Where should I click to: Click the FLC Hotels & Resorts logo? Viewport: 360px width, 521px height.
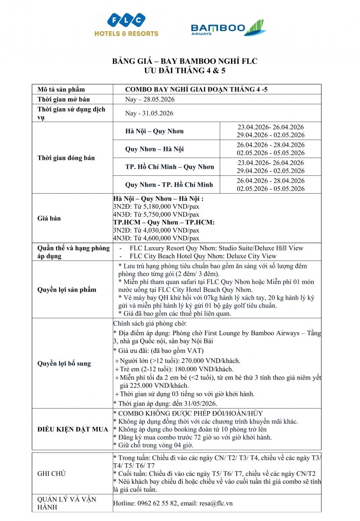click(x=126, y=25)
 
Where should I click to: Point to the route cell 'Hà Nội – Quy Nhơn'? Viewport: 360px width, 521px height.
click(x=155, y=131)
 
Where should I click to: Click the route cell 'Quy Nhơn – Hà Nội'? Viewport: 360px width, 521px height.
click(x=155, y=149)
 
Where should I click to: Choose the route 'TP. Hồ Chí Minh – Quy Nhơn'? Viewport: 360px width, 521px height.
click(x=170, y=167)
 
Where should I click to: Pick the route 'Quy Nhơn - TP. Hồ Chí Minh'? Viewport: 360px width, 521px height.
click(x=169, y=185)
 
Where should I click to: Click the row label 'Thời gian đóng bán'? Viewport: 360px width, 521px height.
click(x=66, y=158)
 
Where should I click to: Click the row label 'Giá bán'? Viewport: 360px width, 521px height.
click(x=49, y=218)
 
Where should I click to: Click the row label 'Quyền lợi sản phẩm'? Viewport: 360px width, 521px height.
click(x=67, y=290)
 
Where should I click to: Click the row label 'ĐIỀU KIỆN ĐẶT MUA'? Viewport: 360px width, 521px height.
click(x=73, y=429)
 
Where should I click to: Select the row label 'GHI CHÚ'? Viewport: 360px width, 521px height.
click(x=51, y=474)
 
